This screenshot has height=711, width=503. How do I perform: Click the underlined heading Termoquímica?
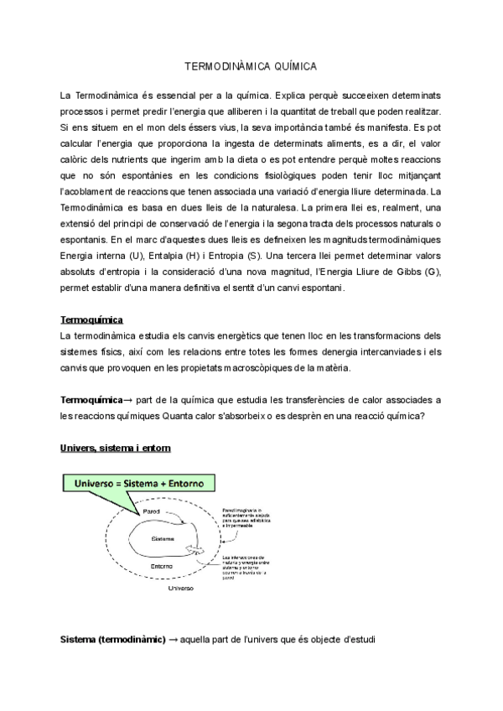92,320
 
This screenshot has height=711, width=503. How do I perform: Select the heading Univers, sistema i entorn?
116,449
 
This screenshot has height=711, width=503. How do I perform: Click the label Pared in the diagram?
152,511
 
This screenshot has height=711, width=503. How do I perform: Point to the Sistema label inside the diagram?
163,538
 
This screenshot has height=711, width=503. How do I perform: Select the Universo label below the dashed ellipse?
180,589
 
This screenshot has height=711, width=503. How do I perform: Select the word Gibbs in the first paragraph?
405,272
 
